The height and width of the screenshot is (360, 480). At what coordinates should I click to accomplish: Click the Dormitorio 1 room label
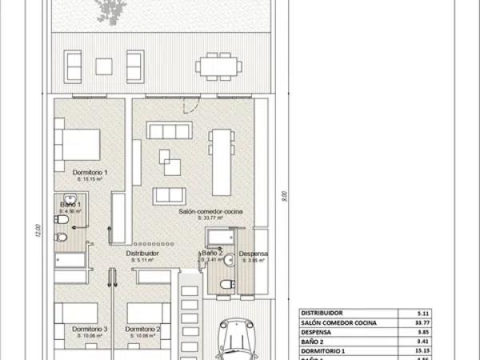click(x=90, y=173)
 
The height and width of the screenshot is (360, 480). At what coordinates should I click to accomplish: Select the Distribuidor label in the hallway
click(x=142, y=253)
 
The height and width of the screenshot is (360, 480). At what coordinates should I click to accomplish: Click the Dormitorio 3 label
click(x=90, y=329)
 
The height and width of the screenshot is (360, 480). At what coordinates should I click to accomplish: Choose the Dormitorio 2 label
click(x=144, y=329)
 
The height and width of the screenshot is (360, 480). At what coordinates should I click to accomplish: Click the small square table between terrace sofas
click(x=105, y=66)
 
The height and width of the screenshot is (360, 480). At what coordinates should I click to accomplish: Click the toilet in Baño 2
click(x=226, y=284)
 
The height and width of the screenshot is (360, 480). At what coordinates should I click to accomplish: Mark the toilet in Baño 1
click(x=62, y=238)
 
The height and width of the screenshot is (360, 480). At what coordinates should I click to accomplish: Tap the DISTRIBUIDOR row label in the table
click(x=322, y=313)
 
